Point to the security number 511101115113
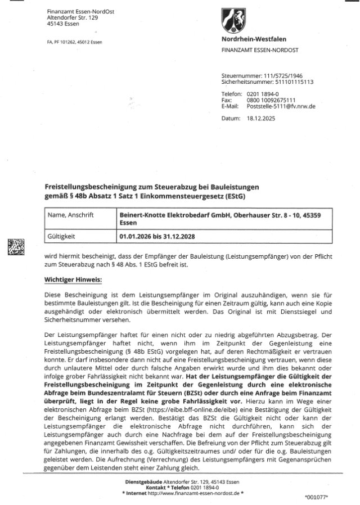pos(290,82)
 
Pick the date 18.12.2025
pos(260,119)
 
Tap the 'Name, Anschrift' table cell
pos(71,214)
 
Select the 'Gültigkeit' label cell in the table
pos(65,237)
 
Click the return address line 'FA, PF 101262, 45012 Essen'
pos(74,42)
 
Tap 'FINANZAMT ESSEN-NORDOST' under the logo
pos(259,50)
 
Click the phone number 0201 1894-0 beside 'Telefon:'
pos(263,93)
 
